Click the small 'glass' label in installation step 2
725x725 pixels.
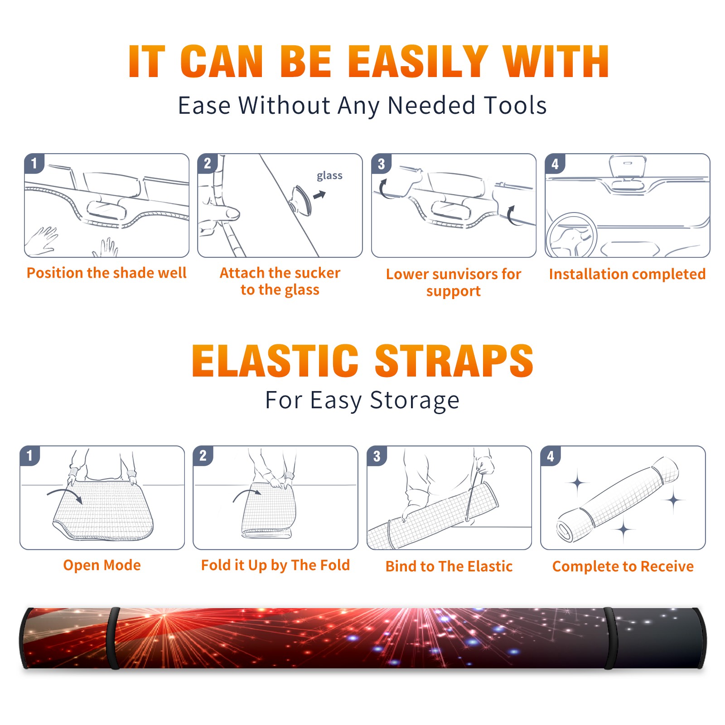329,175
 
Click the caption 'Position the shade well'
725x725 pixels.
106,273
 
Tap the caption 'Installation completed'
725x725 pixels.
627,274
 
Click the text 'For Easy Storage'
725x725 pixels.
362,400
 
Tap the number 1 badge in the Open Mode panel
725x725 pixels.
30,455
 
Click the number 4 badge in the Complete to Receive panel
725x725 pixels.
551,455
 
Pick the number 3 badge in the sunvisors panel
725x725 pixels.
381,164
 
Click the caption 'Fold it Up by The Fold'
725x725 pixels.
275,565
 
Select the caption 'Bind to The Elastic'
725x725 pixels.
449,566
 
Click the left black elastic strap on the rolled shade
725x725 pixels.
113,638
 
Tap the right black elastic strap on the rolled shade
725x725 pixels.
610,638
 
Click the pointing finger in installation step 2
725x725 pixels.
222,212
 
